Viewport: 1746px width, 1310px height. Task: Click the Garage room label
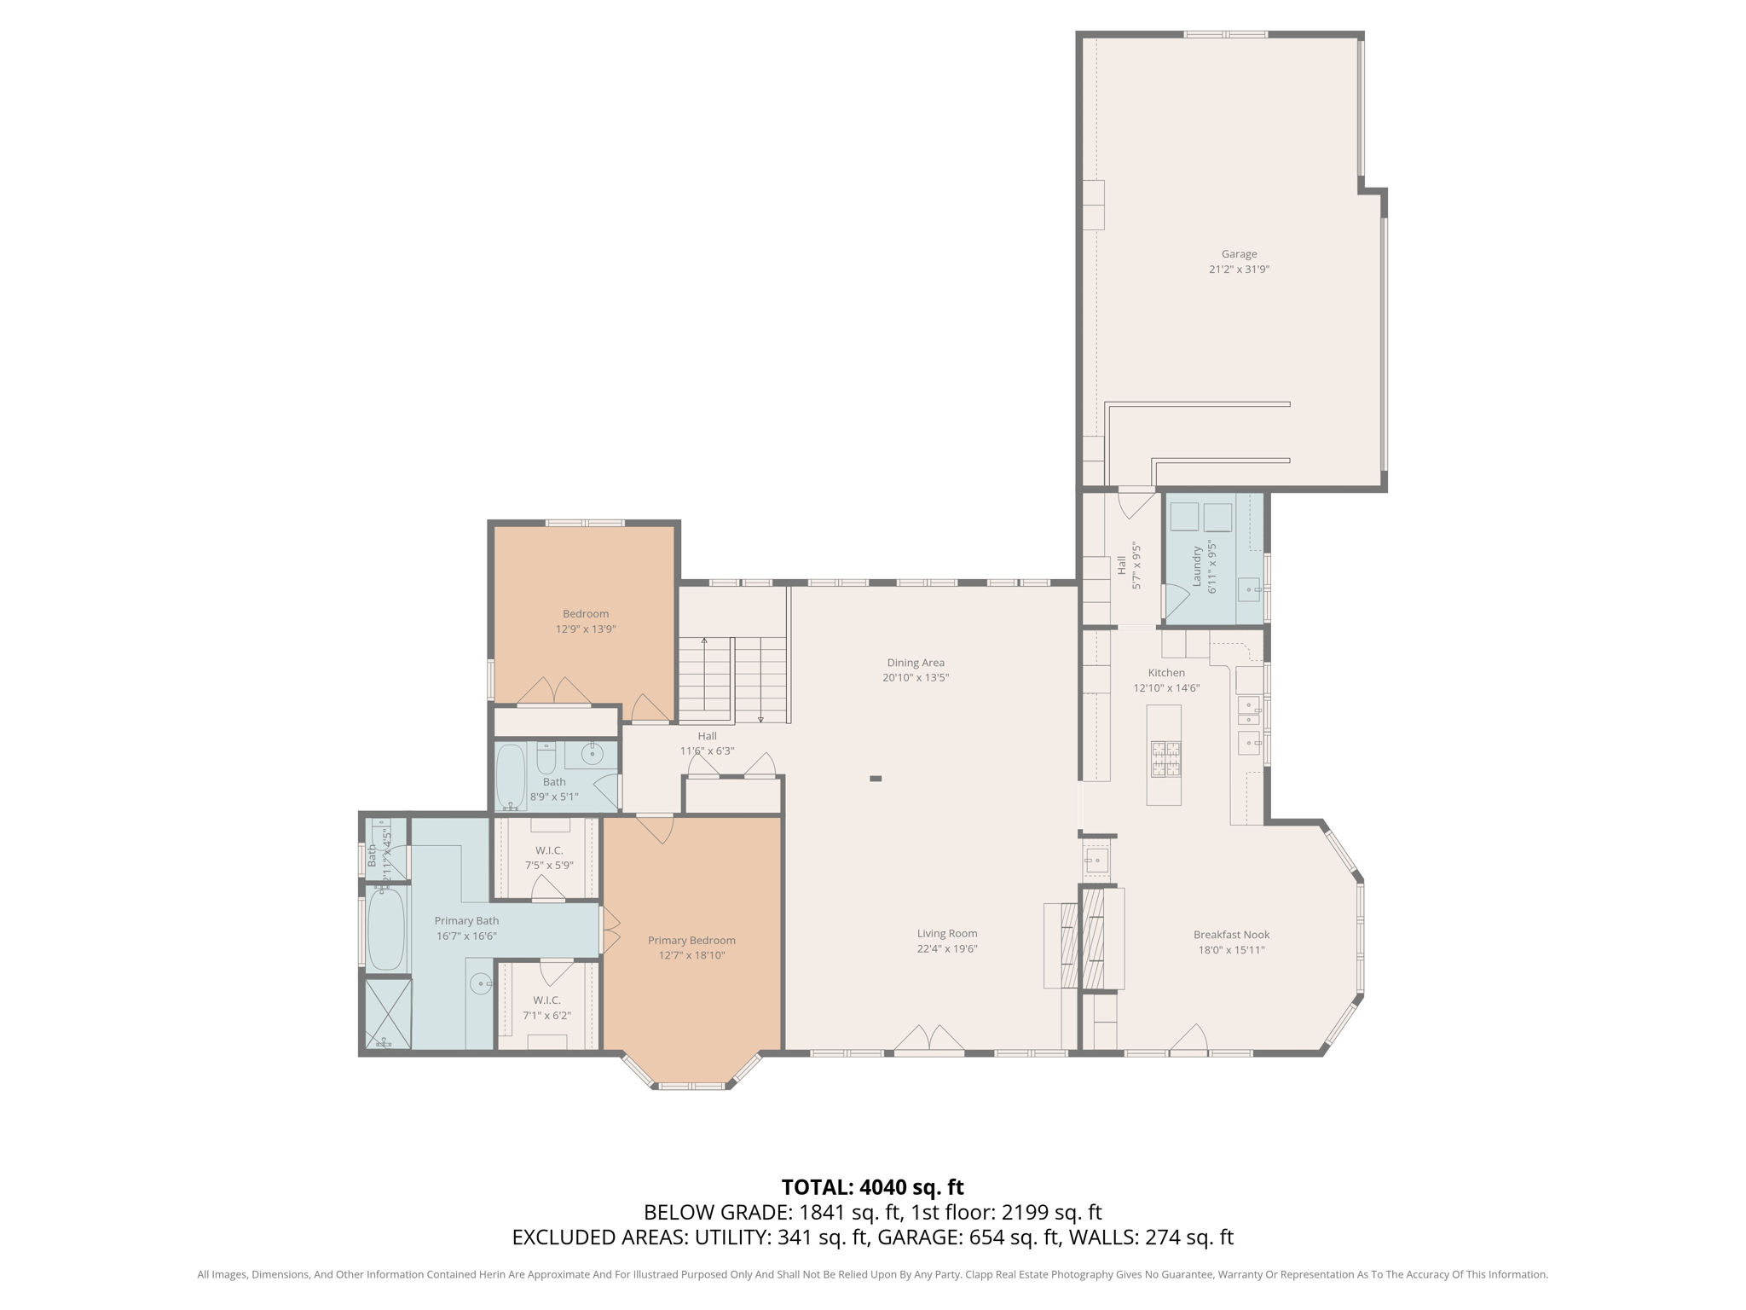[1239, 254]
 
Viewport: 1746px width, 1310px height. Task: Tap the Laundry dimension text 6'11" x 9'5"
[1211, 566]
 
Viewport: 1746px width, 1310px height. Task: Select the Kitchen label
[1165, 673]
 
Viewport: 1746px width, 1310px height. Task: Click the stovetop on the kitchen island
[1165, 759]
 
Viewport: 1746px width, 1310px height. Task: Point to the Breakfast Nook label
[1231, 935]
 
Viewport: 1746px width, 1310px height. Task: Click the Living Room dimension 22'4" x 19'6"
[946, 948]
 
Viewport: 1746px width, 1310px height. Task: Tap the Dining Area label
[916, 663]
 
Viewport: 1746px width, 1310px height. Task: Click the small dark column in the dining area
[876, 779]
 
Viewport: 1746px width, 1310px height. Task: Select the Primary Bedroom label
[691, 940]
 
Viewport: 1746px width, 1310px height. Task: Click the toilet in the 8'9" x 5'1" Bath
[546, 756]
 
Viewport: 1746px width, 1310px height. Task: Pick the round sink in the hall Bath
[593, 754]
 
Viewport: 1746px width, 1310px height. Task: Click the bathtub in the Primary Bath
[386, 930]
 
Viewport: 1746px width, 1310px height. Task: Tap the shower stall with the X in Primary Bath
[388, 1013]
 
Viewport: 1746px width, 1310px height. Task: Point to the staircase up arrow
[704, 641]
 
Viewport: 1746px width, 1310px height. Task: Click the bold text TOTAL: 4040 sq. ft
[872, 1187]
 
